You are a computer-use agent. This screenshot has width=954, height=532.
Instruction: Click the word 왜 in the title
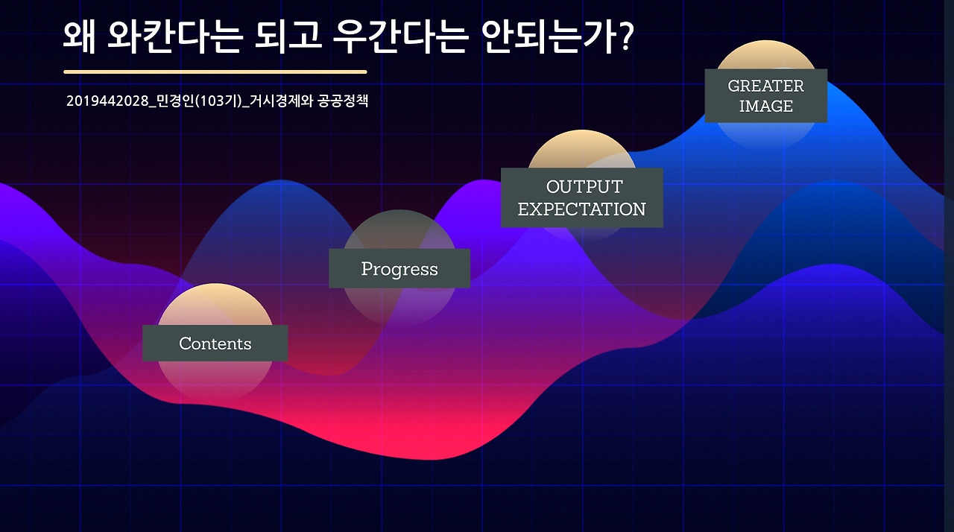[x=79, y=37]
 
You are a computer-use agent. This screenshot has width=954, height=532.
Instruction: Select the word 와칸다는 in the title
[x=174, y=37]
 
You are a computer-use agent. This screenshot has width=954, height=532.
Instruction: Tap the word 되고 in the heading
[x=288, y=37]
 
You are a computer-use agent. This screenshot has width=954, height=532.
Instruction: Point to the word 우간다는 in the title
[x=400, y=37]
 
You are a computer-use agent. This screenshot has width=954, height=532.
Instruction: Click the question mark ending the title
[x=625, y=37]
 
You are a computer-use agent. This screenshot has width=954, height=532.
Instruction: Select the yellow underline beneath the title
[x=215, y=72]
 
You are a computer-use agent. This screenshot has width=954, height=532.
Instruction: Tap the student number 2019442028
[x=107, y=101]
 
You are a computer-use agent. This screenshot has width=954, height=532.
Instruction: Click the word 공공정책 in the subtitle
[x=343, y=101]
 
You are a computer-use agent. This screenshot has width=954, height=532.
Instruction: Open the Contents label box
[x=215, y=343]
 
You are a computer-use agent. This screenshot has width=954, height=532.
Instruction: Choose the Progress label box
[x=399, y=268]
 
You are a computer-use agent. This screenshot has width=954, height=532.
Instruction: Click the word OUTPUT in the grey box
[x=584, y=187]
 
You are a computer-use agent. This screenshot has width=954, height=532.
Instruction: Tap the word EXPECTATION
[x=582, y=209]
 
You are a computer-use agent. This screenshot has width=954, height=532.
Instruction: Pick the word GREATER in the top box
[x=765, y=86]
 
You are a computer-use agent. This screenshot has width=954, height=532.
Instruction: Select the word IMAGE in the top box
[x=765, y=107]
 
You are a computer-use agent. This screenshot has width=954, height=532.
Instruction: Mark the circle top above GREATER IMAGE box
[x=765, y=54]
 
